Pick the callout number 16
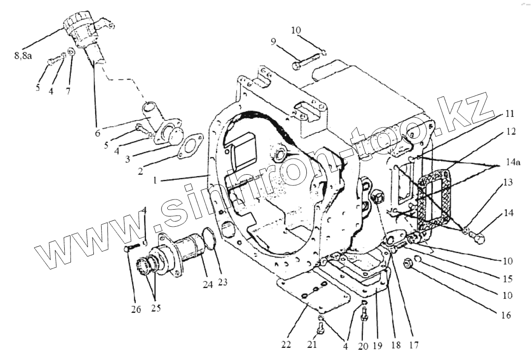coord(505,315)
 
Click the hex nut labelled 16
coord(408,264)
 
